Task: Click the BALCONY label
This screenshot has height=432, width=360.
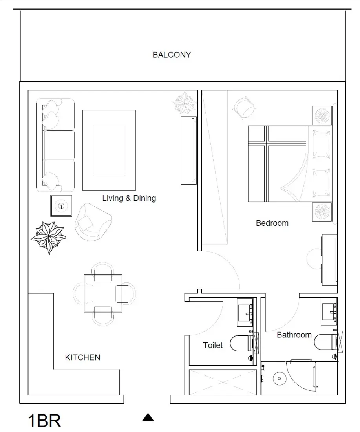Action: [172, 55]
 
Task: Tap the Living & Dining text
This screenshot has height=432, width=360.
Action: [129, 198]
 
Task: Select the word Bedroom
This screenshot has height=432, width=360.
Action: [272, 223]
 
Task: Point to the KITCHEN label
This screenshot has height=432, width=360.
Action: [82, 357]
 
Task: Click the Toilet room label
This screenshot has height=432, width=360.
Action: [213, 345]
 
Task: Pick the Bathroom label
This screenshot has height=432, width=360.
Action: [294, 335]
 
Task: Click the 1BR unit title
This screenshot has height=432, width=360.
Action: [44, 421]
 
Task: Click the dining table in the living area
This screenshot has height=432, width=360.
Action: [103, 293]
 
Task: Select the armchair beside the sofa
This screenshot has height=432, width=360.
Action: [93, 222]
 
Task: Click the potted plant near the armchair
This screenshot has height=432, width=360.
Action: [48, 238]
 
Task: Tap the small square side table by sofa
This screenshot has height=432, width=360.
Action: [61, 206]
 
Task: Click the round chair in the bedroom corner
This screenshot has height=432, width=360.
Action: [245, 108]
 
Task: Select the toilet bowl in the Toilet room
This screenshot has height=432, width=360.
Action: [241, 343]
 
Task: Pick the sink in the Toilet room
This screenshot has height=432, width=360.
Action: [245, 313]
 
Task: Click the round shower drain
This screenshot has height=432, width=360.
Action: [280, 379]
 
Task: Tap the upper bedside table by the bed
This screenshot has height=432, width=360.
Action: [322, 115]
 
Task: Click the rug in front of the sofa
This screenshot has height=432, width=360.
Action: [109, 150]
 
